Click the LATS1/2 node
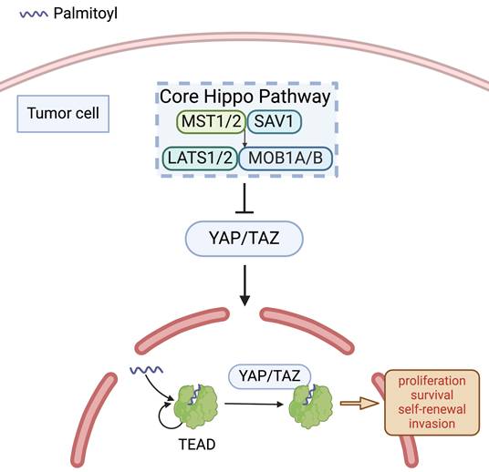(199, 158)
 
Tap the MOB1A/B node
(284, 158)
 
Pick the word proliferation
(432, 380)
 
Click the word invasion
(432, 424)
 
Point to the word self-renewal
(432, 409)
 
